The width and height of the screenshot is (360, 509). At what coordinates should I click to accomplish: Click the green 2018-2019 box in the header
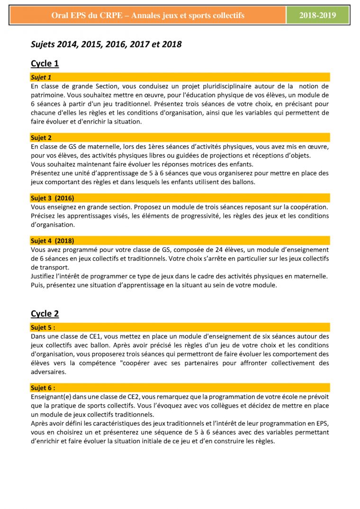click(x=317, y=16)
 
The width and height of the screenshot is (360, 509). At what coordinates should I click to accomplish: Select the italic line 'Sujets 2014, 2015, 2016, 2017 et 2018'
click(x=106, y=45)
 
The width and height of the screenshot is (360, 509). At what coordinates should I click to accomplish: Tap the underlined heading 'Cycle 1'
click(x=45, y=63)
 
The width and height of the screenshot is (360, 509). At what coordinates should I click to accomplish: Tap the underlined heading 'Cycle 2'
click(x=45, y=313)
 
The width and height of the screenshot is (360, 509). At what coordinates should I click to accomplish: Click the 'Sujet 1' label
click(x=41, y=77)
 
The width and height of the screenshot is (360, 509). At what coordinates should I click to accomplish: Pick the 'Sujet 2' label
click(x=41, y=138)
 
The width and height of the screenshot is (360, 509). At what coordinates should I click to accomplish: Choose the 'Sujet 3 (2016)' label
click(x=52, y=198)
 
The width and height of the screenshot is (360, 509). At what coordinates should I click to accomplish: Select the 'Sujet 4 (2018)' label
click(x=52, y=241)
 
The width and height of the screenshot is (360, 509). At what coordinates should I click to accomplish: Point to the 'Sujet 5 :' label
click(x=43, y=327)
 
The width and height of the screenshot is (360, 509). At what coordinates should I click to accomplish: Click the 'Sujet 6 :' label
click(x=43, y=388)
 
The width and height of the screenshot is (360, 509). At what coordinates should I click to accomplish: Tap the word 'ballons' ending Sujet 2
click(x=243, y=182)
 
